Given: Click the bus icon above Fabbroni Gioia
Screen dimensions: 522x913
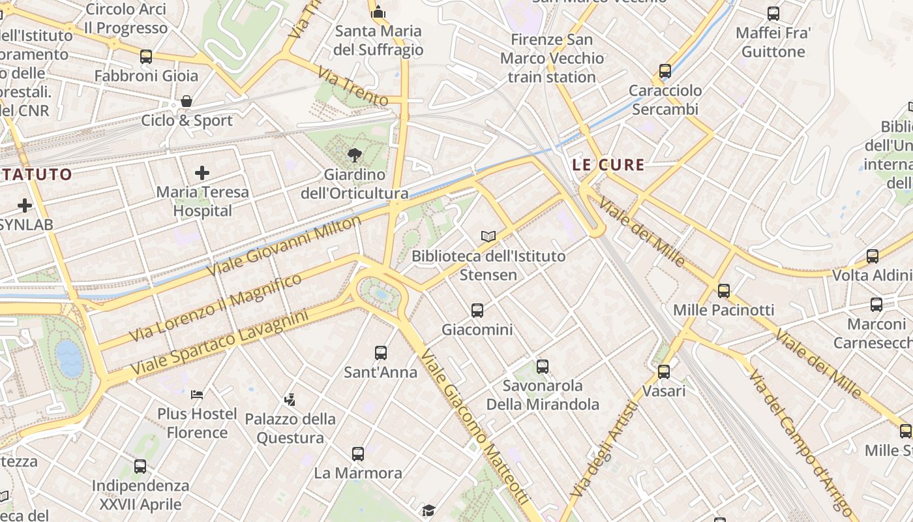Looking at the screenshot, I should point(146,57).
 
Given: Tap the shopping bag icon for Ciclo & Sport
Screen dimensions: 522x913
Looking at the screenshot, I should point(187,101).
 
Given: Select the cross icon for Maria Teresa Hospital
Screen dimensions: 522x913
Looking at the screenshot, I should point(202,173).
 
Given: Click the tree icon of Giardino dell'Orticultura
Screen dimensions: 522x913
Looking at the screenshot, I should point(354,155).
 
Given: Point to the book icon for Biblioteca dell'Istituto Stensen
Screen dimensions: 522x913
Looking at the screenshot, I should point(488,236).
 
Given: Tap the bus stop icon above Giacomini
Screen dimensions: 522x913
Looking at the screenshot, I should point(477,311).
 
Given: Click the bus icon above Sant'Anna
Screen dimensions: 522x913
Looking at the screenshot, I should point(381,353).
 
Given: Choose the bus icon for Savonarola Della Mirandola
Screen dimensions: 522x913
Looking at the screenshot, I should point(543,366).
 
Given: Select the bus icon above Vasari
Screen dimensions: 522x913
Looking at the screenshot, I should point(664,372).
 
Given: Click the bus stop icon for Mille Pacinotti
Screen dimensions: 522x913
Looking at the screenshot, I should point(724,291).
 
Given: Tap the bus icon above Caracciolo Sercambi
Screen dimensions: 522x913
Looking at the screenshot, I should point(665,71).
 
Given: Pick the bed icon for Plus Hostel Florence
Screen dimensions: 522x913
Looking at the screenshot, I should point(197,394).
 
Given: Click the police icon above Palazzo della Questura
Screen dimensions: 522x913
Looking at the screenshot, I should point(290,399).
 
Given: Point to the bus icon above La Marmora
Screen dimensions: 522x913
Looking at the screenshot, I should point(358,453).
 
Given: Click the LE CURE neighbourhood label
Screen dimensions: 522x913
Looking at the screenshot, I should point(608,165).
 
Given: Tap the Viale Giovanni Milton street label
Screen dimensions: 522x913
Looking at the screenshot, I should point(284,245).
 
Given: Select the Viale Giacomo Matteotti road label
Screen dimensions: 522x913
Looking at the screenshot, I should point(473,427).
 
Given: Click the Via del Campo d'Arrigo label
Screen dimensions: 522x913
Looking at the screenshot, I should point(799,440).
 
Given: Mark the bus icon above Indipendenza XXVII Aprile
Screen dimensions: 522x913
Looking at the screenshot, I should point(140,467).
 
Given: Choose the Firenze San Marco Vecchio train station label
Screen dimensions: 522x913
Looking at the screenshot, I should point(552,58).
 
